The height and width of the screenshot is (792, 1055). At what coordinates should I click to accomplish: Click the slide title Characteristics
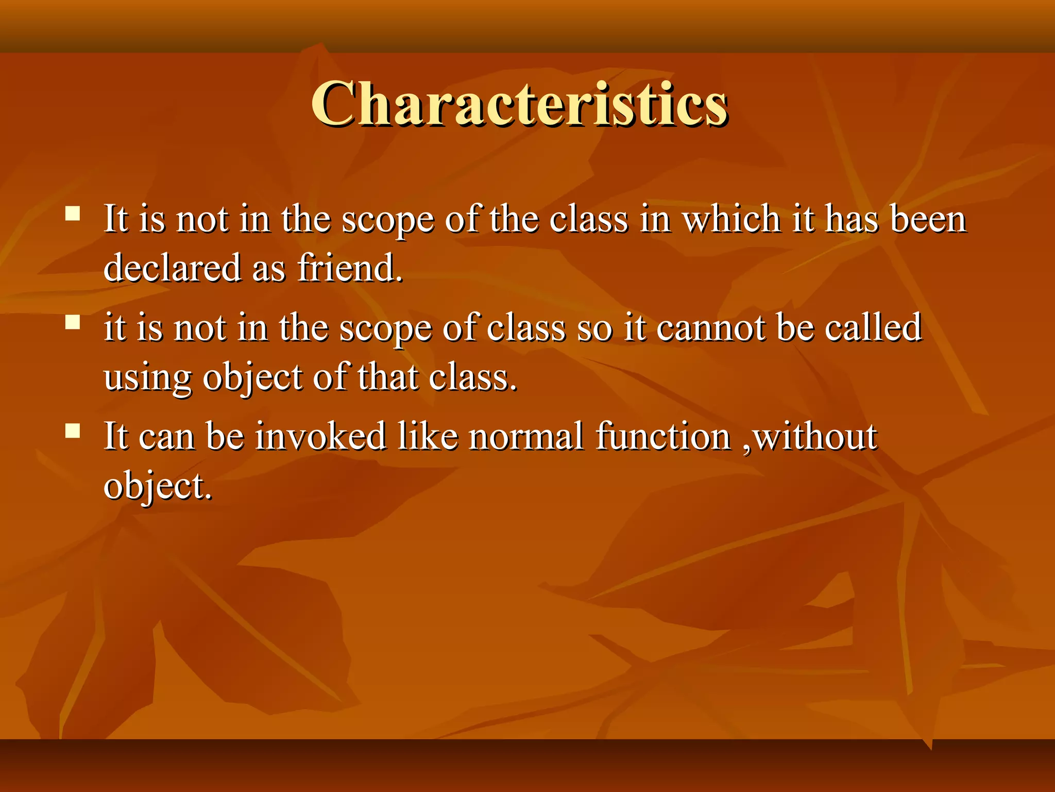(519, 104)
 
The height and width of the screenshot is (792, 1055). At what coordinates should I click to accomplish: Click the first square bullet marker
(73, 213)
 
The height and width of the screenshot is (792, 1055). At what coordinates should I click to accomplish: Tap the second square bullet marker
(73, 322)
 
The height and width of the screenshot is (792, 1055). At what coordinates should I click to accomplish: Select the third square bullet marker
(73, 431)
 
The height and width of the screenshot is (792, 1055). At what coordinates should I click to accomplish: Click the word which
(731, 219)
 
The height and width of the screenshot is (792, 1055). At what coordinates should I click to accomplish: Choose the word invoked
(320, 436)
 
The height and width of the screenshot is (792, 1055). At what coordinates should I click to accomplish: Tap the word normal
(526, 436)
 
